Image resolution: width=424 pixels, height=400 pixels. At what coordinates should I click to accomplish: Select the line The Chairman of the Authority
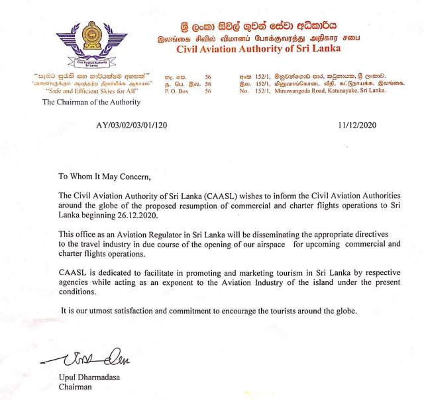coord(91,102)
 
